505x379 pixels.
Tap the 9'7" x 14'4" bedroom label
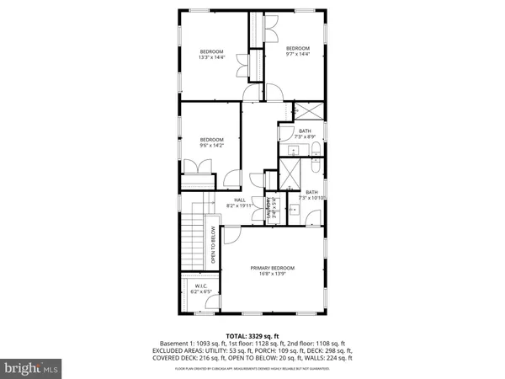click(298, 51)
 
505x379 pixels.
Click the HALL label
click(240, 201)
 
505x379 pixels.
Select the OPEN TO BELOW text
click(213, 244)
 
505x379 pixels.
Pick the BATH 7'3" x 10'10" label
click(312, 195)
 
